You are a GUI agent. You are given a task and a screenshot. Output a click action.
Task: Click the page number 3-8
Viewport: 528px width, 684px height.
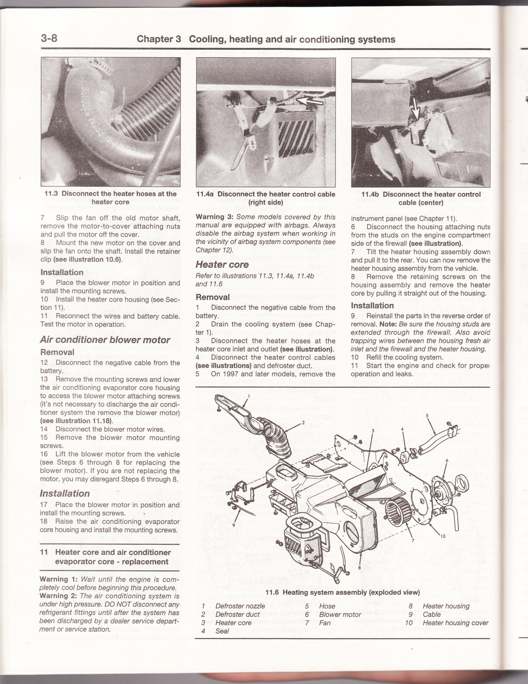pyautogui.click(x=49, y=39)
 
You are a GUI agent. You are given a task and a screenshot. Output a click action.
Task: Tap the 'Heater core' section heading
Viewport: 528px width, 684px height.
pyautogui.click(x=222, y=265)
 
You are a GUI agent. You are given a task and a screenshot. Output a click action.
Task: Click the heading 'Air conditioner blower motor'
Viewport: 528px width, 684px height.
pyautogui.click(x=105, y=340)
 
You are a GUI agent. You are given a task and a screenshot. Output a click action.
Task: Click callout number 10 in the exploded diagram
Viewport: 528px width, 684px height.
pyautogui.click(x=443, y=536)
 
